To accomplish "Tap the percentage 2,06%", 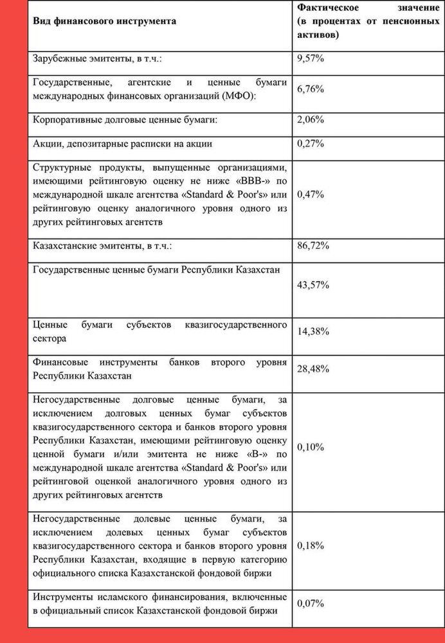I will [x=311, y=120].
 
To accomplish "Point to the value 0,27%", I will [x=311, y=143].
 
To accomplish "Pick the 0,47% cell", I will [x=311, y=194].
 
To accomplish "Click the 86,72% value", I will [x=313, y=245].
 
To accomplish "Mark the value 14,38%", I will [x=313, y=332].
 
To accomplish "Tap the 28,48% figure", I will [x=313, y=368].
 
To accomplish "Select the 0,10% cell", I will [x=311, y=446].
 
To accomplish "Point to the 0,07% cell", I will [x=311, y=604].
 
